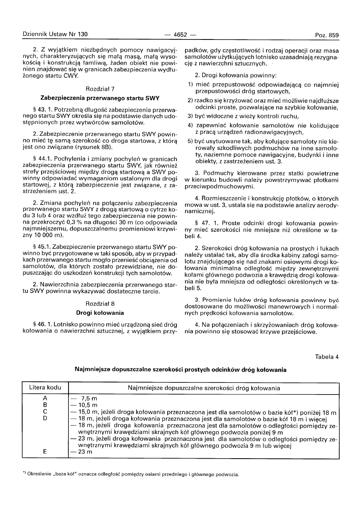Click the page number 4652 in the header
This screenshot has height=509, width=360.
(x=180, y=35)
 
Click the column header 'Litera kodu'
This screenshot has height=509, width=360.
(x=45, y=388)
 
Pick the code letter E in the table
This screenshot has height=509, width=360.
(x=45, y=452)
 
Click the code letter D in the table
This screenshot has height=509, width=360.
(x=45, y=418)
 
